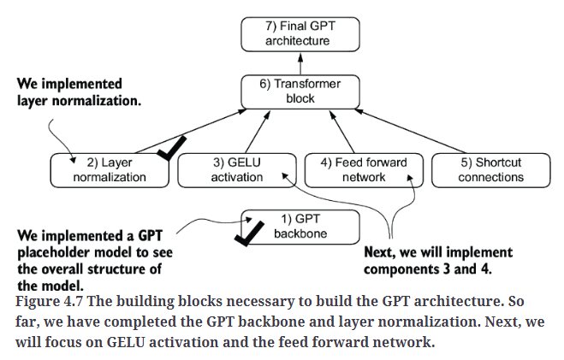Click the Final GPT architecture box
[x=300, y=32]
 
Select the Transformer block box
[x=300, y=91]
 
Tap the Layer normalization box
[x=110, y=170]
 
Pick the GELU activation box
[x=235, y=170]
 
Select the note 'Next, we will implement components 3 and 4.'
[x=438, y=260]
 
